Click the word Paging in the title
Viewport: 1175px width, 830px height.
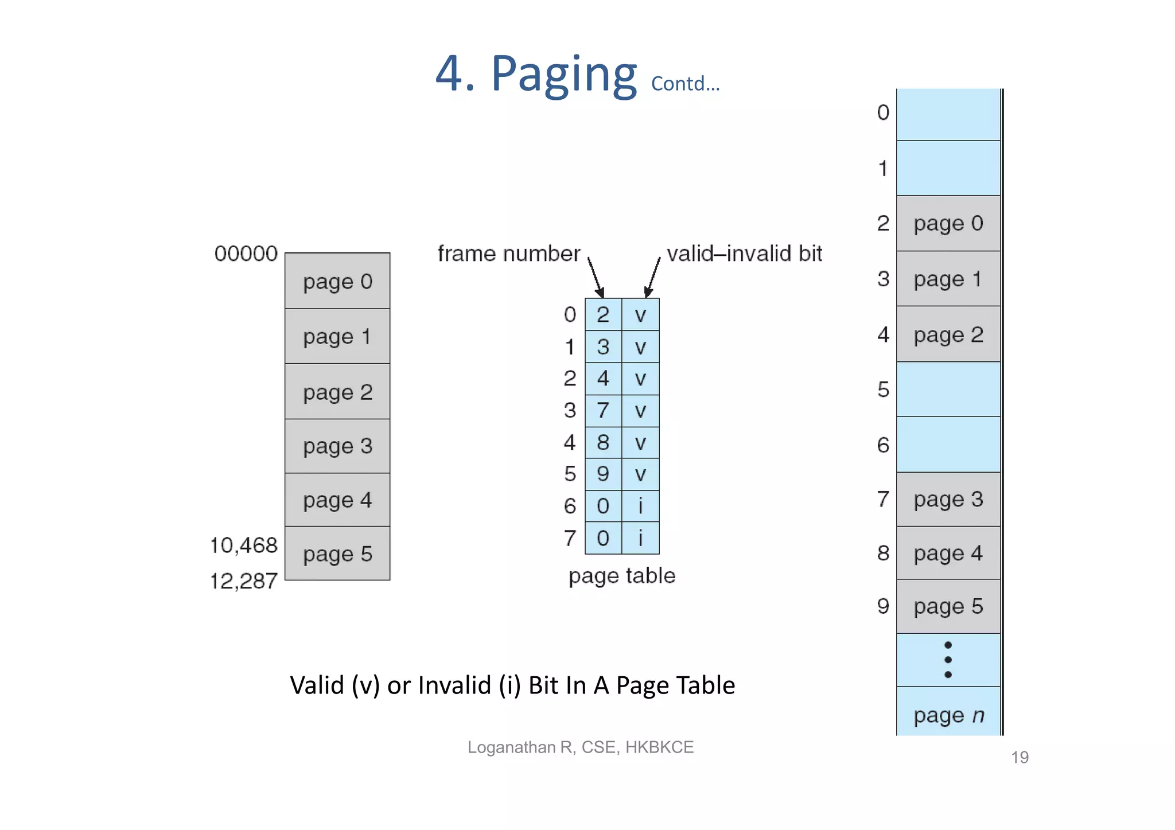click(x=563, y=75)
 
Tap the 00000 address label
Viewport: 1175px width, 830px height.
click(x=246, y=254)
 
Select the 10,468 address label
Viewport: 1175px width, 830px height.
click(x=244, y=545)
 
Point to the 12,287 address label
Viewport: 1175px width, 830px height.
click(x=244, y=581)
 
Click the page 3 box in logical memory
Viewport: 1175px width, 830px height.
click(x=337, y=446)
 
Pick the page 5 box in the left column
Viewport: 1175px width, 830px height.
click(x=337, y=554)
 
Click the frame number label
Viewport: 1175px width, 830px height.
click(x=508, y=254)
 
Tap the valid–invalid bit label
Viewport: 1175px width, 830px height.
click(x=744, y=254)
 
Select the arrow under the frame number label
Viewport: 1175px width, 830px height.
click(x=596, y=277)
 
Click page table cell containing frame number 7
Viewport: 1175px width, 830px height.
click(x=603, y=411)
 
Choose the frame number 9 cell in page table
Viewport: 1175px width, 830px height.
click(x=603, y=474)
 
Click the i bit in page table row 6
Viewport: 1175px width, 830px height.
click(x=640, y=506)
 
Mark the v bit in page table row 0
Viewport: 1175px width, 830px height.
click(x=640, y=315)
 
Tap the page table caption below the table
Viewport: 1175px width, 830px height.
click(x=622, y=576)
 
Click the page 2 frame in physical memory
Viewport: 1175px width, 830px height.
click(x=948, y=334)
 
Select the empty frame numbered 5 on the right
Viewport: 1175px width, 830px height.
click(x=948, y=389)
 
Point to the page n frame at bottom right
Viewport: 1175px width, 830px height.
click(x=948, y=715)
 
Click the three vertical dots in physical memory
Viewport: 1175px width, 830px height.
click(x=948, y=660)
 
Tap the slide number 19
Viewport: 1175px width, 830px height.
click(x=1020, y=758)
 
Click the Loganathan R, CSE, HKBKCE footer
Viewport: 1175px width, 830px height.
click(x=581, y=747)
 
